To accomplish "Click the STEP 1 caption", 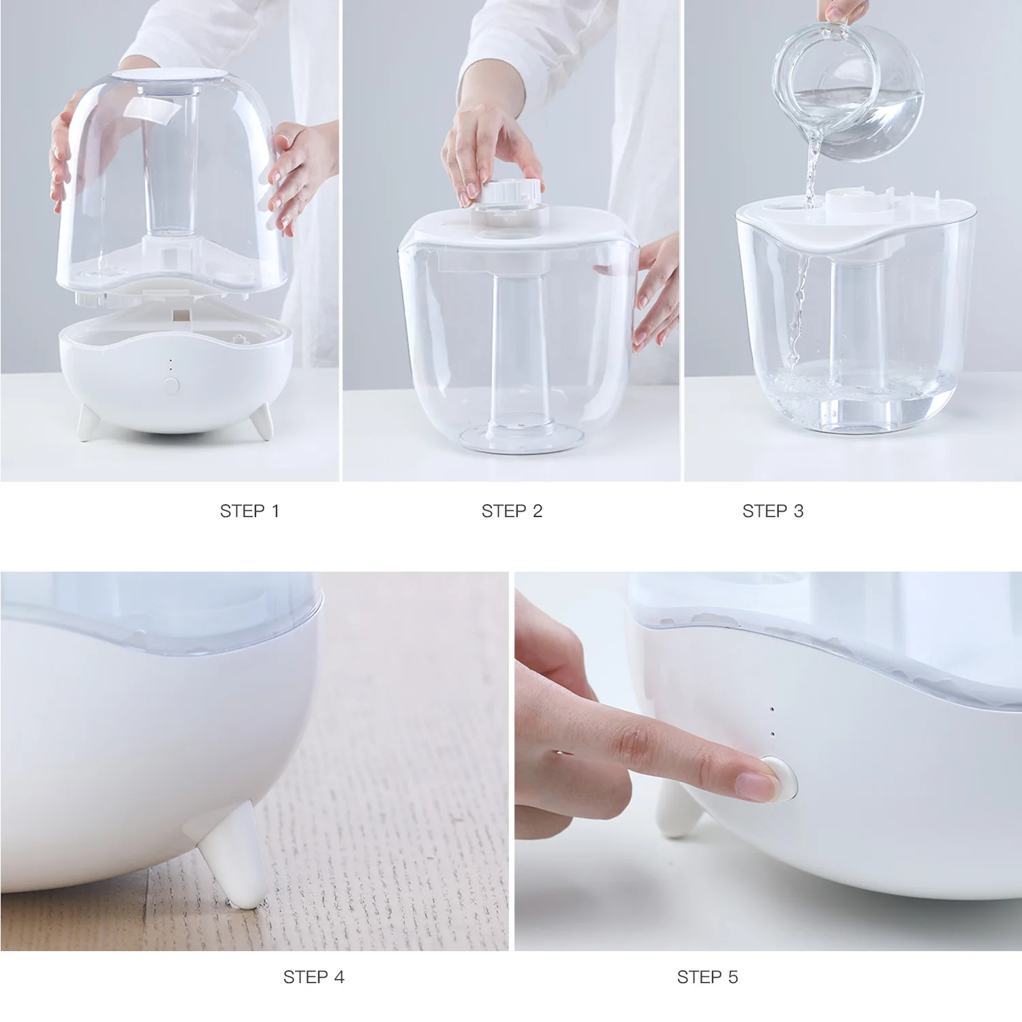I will click(249, 511).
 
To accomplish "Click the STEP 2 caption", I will click(512, 511).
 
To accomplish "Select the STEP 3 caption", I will click(773, 511).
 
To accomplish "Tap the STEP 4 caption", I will click(313, 977).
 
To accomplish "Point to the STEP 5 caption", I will click(707, 977).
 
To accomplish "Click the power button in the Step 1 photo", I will click(171, 385).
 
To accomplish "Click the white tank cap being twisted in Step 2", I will click(511, 193).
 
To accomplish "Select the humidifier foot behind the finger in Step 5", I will click(675, 811).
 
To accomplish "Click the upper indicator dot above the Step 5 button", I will click(772, 709).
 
